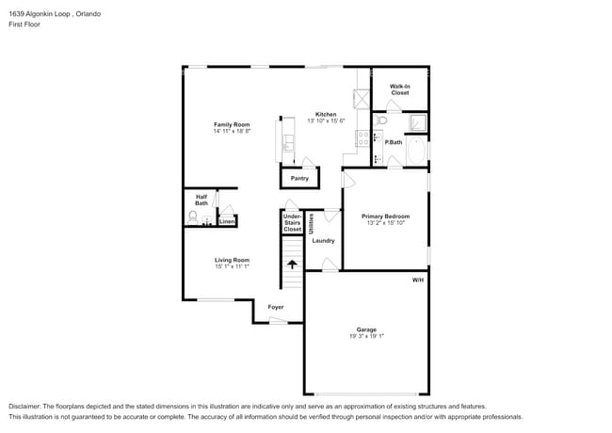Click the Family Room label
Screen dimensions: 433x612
tap(231, 124)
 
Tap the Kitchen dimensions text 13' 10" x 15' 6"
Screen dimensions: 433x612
tap(326, 120)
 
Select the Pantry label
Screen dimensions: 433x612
tap(299, 178)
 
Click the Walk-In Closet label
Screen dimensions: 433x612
tap(399, 89)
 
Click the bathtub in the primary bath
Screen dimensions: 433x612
tap(415, 152)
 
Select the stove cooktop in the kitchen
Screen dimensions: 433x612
tap(362, 140)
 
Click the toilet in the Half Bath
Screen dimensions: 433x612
tap(193, 218)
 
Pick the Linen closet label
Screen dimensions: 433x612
tap(227, 221)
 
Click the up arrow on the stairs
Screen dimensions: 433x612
tap(292, 265)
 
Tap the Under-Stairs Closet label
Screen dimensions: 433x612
tap(292, 222)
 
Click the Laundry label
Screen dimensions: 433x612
tap(323, 240)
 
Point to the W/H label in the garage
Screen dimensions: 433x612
tap(417, 281)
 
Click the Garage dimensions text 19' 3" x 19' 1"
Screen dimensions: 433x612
tap(367, 335)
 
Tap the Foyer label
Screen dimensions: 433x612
tap(276, 307)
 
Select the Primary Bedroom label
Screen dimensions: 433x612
tap(385, 216)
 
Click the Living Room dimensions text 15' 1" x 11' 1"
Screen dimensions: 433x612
tap(231, 266)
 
